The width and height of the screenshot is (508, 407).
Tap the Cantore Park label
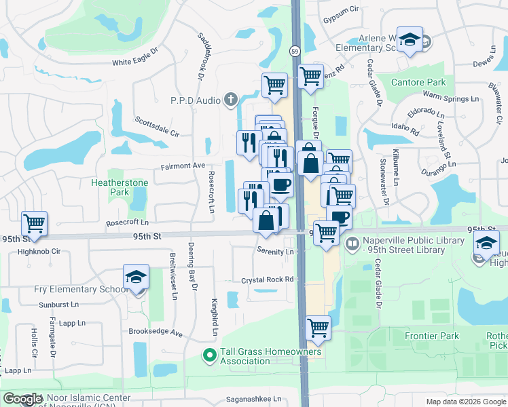point(418,83)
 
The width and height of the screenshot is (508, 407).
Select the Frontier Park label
point(432,336)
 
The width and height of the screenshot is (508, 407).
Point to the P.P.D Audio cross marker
point(231,100)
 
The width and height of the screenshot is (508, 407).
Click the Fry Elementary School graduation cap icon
point(136,277)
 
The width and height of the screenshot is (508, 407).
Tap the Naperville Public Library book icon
point(352,243)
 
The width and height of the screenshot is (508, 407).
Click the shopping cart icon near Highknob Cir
point(33,222)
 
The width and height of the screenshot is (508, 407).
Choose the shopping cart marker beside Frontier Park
point(318,328)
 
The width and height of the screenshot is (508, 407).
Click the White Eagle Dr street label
point(134,62)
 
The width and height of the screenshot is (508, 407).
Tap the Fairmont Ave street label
point(183,166)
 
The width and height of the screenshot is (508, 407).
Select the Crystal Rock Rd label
point(268,279)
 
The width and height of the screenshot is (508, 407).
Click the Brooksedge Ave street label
point(156,333)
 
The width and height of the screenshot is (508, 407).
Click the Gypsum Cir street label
point(341,10)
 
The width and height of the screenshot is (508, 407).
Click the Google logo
point(22,399)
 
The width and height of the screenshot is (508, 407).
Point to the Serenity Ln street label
point(274,251)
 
